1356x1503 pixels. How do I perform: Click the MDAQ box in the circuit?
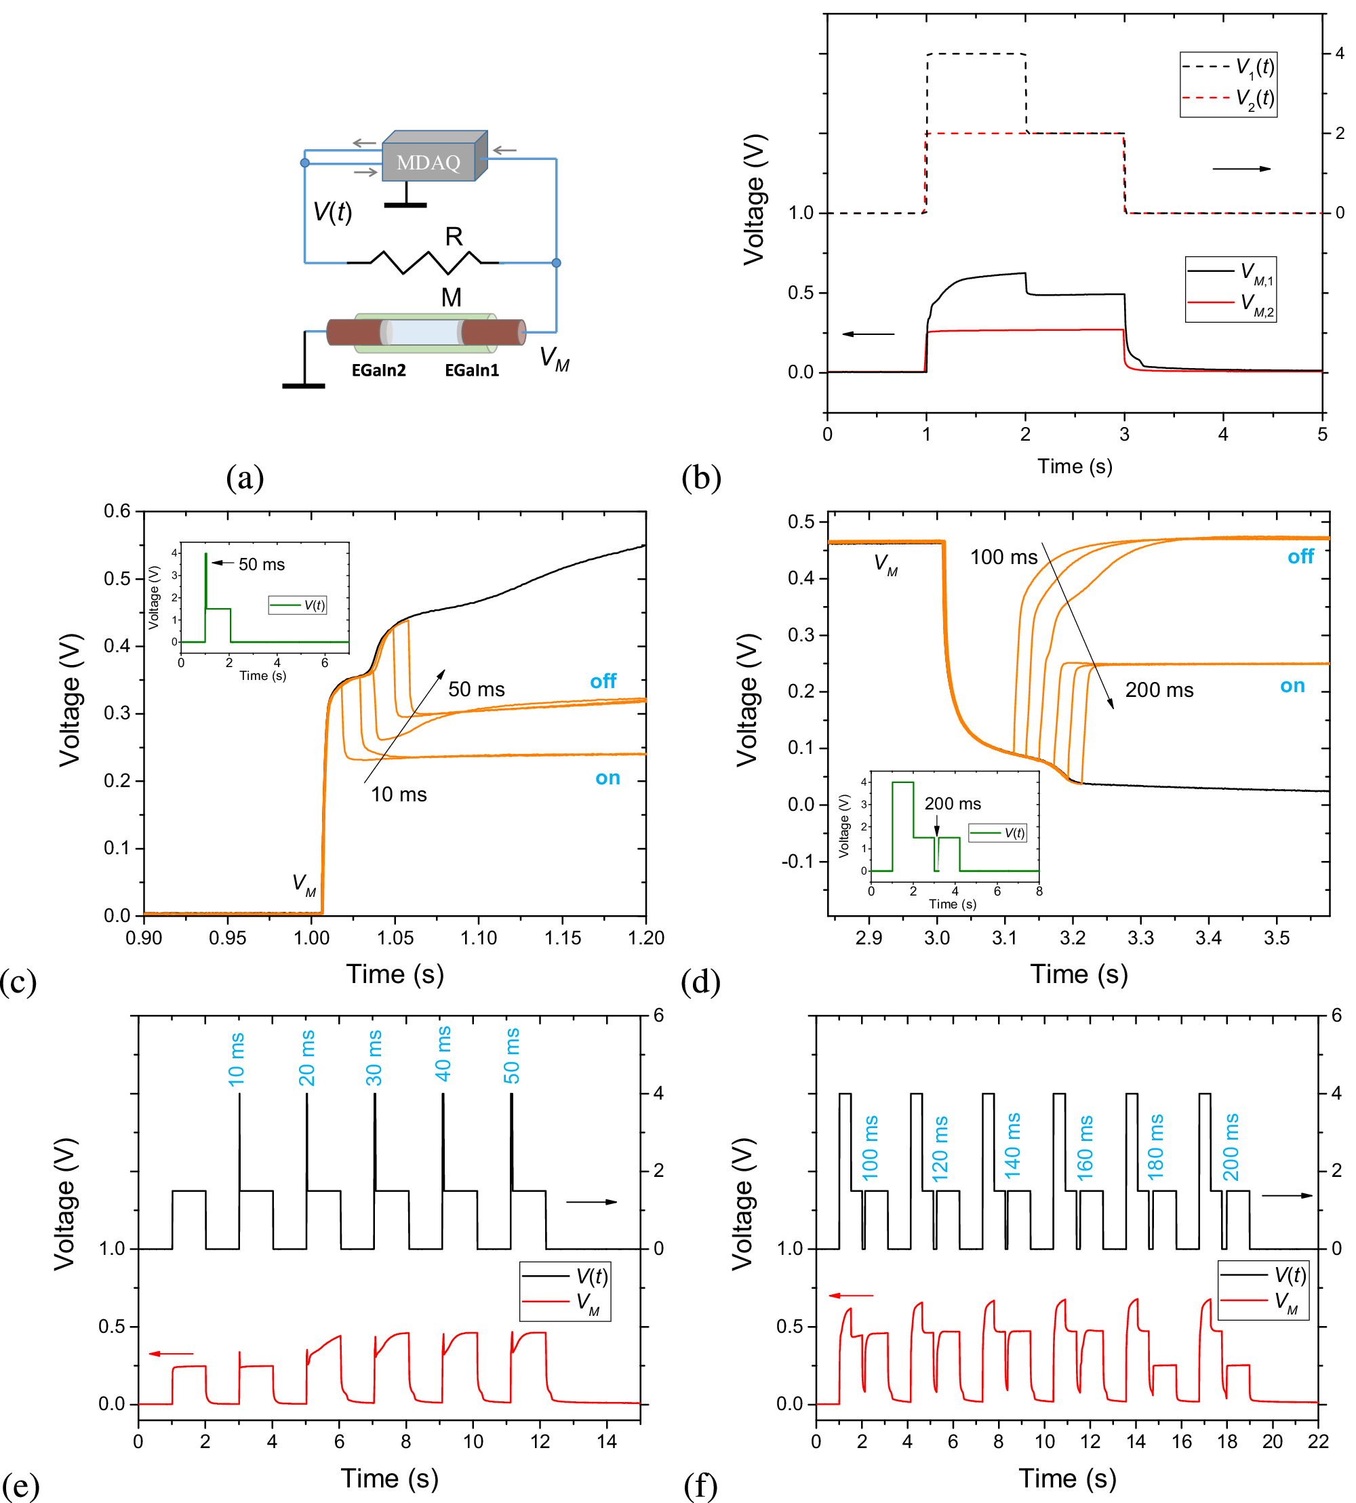coord(429,161)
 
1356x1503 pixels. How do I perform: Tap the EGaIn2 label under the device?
coord(378,370)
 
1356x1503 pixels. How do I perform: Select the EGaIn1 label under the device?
coord(472,370)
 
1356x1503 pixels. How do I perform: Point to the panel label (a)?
coord(244,477)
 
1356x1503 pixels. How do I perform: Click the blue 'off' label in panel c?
coord(603,681)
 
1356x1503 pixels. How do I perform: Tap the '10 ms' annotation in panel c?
coord(399,795)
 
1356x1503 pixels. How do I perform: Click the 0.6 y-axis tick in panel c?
coord(117,511)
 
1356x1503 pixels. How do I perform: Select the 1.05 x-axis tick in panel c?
coord(395,938)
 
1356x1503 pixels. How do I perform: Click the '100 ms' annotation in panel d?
coord(1003,557)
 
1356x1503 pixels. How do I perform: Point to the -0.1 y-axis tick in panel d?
coord(799,861)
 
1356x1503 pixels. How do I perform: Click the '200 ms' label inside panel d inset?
coord(952,803)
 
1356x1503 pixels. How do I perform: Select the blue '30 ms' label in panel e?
coord(374,1058)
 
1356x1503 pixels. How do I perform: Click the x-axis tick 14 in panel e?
coord(607,1441)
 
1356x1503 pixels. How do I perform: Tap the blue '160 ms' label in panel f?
coord(1085,1148)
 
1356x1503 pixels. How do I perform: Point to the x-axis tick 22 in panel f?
coord(1317,1441)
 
